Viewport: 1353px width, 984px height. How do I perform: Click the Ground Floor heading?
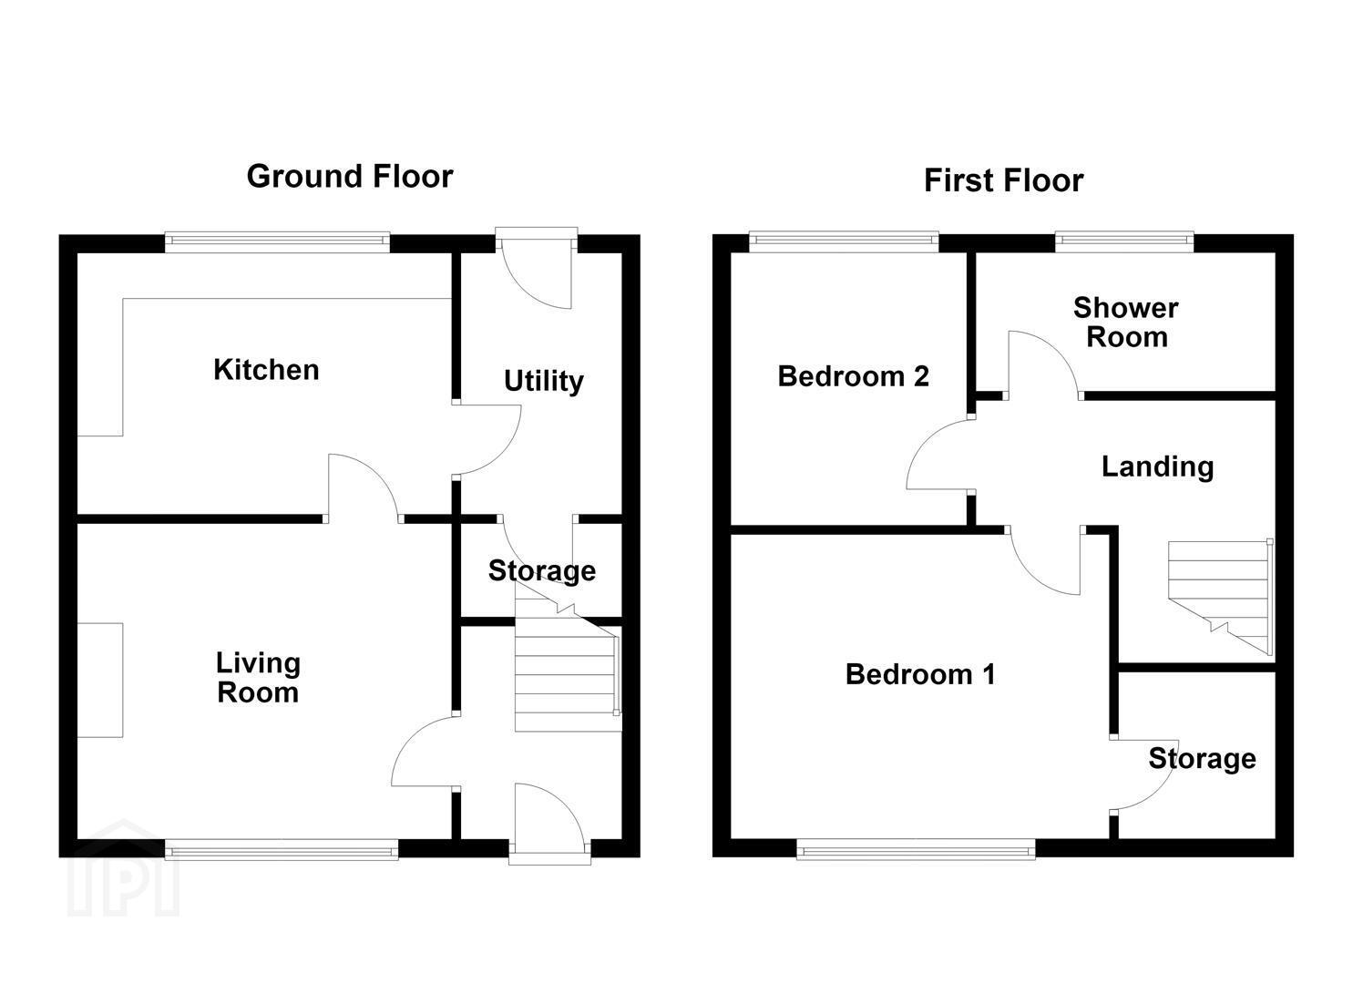[x=350, y=177]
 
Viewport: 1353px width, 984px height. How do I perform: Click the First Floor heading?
[x=1003, y=180]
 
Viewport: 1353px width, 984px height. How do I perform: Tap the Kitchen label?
[x=266, y=369]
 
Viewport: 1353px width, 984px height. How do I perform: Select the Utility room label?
[x=544, y=382]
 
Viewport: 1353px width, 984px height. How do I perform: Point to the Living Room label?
[x=258, y=677]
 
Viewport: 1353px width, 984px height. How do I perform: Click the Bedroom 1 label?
[x=920, y=674]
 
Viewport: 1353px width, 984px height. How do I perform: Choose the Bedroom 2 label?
[x=853, y=376]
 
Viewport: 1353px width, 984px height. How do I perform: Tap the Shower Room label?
[x=1126, y=322]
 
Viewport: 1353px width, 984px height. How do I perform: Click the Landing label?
[x=1157, y=466]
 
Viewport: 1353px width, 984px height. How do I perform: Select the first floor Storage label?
[x=1202, y=758]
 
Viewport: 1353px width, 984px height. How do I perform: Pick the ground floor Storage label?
[x=542, y=571]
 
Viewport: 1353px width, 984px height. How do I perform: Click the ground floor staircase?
[x=568, y=664]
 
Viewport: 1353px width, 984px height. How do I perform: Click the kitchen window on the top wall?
[x=277, y=242]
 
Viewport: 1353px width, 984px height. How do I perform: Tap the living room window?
[x=282, y=849]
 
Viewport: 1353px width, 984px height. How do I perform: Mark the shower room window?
[x=1124, y=241]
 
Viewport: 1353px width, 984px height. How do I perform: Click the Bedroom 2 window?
[x=844, y=241]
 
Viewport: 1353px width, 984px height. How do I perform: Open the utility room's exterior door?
[x=537, y=269]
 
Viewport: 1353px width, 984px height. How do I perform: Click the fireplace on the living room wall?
[x=100, y=681]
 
